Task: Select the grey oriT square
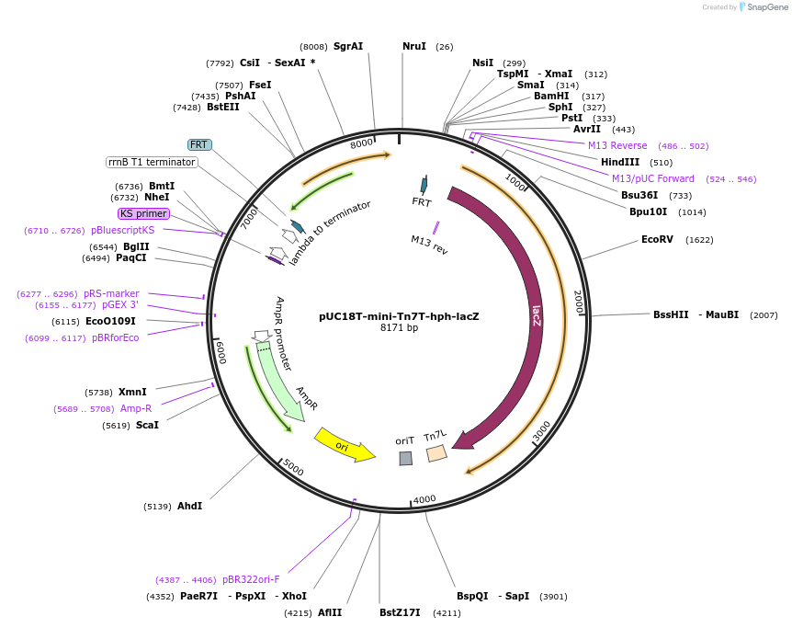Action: pyautogui.click(x=405, y=458)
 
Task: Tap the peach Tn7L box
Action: pyautogui.click(x=436, y=452)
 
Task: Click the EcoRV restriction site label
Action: pyautogui.click(x=657, y=240)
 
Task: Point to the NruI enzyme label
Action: pyautogui.click(x=414, y=46)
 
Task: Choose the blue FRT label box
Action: pyautogui.click(x=198, y=144)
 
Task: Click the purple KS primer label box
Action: pyautogui.click(x=143, y=213)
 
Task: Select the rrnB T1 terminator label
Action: pyautogui.click(x=152, y=162)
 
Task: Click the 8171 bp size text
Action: pyautogui.click(x=400, y=327)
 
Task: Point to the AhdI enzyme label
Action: pyautogui.click(x=189, y=506)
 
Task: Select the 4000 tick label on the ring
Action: pyautogui.click(x=424, y=499)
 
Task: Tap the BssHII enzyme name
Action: pyautogui.click(x=671, y=314)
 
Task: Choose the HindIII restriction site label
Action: pyautogui.click(x=620, y=162)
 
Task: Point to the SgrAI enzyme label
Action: pyautogui.click(x=348, y=46)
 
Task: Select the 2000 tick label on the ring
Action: pyautogui.click(x=578, y=301)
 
